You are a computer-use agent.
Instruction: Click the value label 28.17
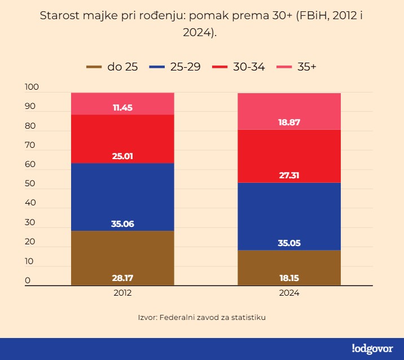pyautogui.click(x=122, y=278)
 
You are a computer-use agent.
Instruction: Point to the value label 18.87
pyautogui.click(x=289, y=122)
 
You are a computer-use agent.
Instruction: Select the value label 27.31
pyautogui.click(x=289, y=175)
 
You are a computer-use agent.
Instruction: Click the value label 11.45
pyautogui.click(x=122, y=107)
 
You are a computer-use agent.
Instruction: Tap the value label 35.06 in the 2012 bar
pyautogui.click(x=122, y=224)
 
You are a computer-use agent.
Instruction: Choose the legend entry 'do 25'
pyautogui.click(x=112, y=67)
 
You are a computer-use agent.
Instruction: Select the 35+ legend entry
pyautogui.click(x=296, y=67)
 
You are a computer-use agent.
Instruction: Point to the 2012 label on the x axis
pyautogui.click(x=122, y=293)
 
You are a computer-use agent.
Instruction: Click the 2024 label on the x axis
pyautogui.click(x=289, y=293)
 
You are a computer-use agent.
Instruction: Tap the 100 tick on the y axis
pyautogui.click(x=31, y=87)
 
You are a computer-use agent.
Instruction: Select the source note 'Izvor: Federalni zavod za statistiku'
pyautogui.click(x=201, y=317)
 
